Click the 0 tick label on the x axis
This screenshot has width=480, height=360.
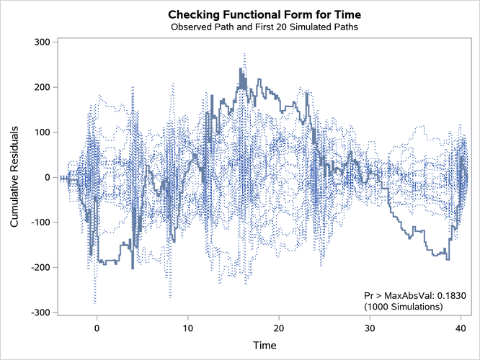point(97,328)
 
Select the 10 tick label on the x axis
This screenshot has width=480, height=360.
point(187,328)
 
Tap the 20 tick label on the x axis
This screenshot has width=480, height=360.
point(279,328)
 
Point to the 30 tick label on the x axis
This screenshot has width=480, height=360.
point(370,328)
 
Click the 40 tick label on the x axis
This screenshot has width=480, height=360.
point(461,328)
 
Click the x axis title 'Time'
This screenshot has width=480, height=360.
point(264,345)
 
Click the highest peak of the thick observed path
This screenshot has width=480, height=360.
point(241,69)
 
